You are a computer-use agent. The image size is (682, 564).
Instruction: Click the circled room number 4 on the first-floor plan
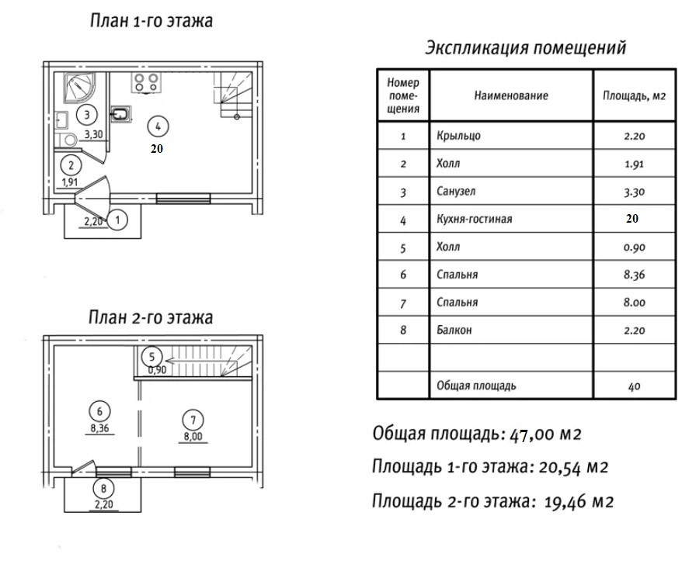(158, 126)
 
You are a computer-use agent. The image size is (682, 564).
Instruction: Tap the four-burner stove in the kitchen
(146, 82)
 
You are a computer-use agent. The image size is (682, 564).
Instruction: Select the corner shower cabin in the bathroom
(79, 88)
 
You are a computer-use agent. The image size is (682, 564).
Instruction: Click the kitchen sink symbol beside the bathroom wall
(120, 114)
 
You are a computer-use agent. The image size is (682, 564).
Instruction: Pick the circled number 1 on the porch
(117, 220)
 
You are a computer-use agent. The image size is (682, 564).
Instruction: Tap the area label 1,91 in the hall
(70, 182)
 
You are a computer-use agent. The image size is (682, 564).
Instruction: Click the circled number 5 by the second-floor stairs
(151, 357)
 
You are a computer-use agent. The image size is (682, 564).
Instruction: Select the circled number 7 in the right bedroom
(193, 420)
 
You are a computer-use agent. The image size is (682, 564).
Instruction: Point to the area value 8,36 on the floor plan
(99, 428)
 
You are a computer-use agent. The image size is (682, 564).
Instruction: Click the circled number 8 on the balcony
(103, 489)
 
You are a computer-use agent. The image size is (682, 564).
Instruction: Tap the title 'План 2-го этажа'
(151, 317)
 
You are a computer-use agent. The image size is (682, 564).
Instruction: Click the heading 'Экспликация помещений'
(525, 47)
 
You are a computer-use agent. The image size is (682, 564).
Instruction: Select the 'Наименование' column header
(511, 95)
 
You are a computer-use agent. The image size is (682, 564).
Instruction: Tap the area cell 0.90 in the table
(634, 247)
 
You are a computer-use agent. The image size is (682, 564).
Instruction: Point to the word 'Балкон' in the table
(454, 330)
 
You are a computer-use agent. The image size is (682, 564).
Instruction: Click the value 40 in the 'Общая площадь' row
(634, 386)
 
